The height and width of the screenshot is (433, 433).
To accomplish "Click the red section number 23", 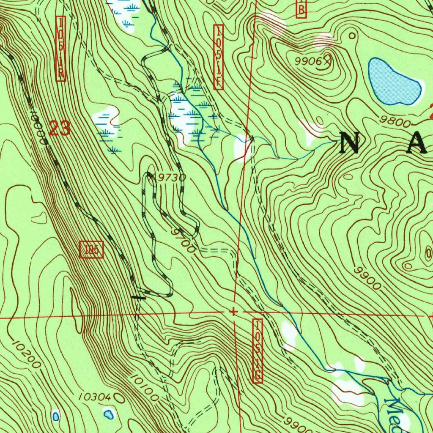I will [59, 128].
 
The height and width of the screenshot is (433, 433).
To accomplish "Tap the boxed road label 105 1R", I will [60, 49].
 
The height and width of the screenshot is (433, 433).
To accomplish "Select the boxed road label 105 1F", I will [218, 57].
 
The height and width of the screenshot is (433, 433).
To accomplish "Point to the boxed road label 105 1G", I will [257, 351].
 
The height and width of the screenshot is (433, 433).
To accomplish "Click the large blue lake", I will [393, 82].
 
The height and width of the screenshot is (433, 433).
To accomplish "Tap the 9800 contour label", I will [395, 123].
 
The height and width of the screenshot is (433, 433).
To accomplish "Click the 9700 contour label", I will [184, 241].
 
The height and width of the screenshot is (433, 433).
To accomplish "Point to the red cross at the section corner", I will [233, 312].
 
